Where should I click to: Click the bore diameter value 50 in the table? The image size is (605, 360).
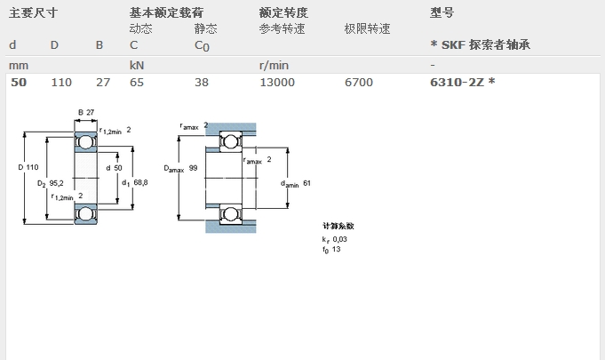tap(19, 82)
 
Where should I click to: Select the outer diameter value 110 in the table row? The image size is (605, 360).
tap(61, 82)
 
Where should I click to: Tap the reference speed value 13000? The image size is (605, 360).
tap(277, 82)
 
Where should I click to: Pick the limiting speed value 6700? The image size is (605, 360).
tap(359, 82)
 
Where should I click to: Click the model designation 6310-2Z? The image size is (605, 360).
tap(458, 82)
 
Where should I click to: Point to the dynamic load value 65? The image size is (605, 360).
tap(137, 82)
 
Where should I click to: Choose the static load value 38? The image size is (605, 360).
tap(202, 82)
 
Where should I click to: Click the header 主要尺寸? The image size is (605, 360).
tap(33, 12)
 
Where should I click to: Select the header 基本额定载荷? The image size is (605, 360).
tap(166, 12)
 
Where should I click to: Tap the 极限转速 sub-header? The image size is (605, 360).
tap(367, 28)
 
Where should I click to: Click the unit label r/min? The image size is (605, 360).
tap(274, 65)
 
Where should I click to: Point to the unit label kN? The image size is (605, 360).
tap(137, 65)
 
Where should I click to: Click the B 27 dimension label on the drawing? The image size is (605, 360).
tap(86, 112)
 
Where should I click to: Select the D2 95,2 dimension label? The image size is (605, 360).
tap(50, 183)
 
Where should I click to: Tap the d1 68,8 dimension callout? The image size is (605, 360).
tap(135, 182)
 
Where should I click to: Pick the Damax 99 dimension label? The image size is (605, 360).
tap(180, 169)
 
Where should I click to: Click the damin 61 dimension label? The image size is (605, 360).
tap(296, 184)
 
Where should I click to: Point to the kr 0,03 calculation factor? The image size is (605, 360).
tap(335, 239)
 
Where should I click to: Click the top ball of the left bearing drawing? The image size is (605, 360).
tap(85, 142)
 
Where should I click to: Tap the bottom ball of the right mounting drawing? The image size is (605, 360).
tap(231, 214)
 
